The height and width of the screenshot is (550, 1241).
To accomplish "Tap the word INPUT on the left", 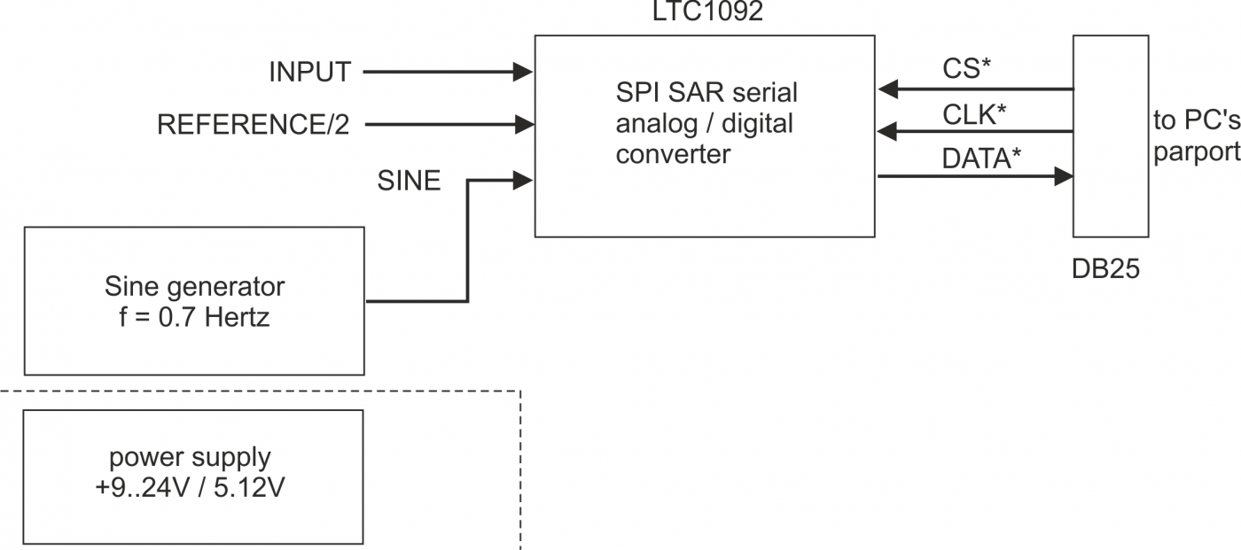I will (310, 73).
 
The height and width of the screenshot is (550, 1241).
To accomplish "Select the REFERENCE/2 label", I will (254, 124).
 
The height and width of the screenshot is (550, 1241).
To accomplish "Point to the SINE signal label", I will (409, 182).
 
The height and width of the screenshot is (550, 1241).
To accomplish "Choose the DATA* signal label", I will (981, 159).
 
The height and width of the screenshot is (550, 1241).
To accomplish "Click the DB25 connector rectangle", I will (1111, 136).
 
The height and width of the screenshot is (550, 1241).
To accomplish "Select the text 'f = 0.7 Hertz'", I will (194, 317).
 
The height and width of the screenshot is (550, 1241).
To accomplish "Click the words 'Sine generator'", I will (194, 287).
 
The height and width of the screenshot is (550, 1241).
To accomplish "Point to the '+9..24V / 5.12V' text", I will (190, 488).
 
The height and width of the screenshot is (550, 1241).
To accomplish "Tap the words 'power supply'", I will (190, 458).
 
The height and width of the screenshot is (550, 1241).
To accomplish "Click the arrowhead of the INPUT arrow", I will (523, 73).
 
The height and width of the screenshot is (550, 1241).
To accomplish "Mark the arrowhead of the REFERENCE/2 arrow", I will (523, 124).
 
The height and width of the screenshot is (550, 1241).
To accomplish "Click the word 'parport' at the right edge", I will (1196, 151).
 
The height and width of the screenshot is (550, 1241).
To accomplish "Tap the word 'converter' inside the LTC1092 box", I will (674, 154).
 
